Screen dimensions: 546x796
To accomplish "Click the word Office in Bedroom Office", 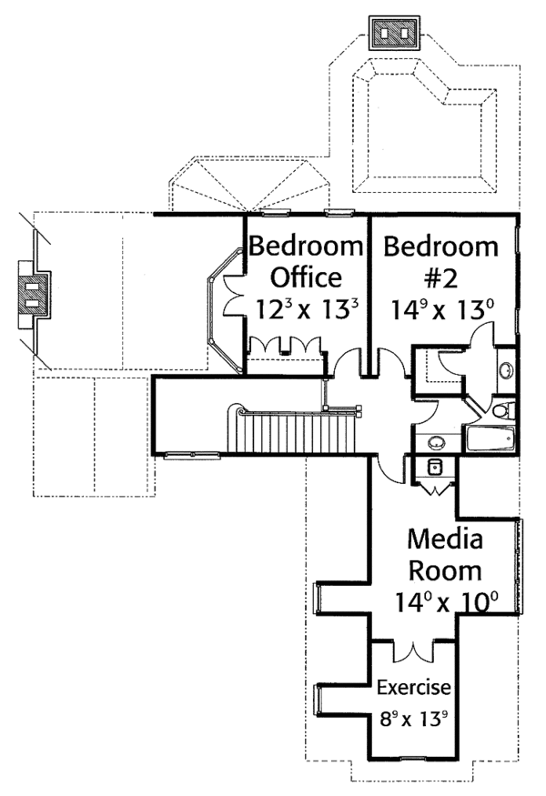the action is click(x=307, y=277).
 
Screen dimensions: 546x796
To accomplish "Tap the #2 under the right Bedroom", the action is click(x=440, y=277).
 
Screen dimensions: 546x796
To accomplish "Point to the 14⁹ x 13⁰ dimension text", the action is click(x=442, y=309).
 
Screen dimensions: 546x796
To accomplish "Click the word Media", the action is click(x=445, y=539).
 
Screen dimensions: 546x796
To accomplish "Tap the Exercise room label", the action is click(x=413, y=688).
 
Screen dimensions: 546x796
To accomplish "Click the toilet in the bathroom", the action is click(x=503, y=409).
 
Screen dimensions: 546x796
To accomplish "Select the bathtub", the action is click(x=490, y=438).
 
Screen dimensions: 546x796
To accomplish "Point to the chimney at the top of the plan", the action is click(x=395, y=33).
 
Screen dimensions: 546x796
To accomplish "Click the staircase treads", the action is click(x=299, y=432).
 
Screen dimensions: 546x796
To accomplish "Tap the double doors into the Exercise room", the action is click(x=414, y=651).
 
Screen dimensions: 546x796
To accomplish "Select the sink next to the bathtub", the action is click(x=436, y=443).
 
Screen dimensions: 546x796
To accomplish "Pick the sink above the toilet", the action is click(x=506, y=369).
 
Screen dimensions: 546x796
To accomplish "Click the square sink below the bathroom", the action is click(x=434, y=467).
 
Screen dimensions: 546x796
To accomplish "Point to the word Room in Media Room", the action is click(x=445, y=570).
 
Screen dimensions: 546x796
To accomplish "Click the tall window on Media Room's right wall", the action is click(x=519, y=566).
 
